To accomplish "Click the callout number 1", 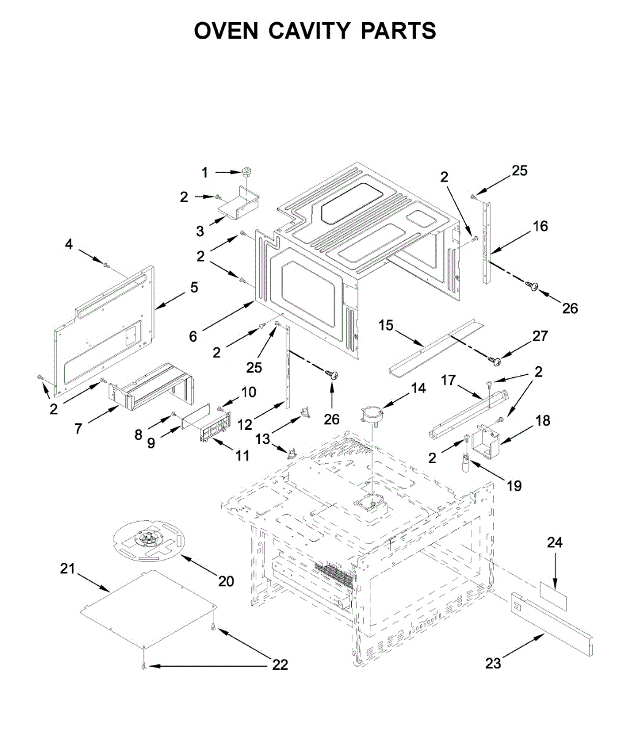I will (205, 173).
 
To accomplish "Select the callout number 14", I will (418, 388).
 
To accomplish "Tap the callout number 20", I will (226, 581).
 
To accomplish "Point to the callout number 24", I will (555, 543).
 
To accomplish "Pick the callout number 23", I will (493, 663).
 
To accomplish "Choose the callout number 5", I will (194, 286).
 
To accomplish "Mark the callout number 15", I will (386, 325).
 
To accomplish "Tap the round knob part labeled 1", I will (248, 172).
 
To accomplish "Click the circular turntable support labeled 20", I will (147, 540).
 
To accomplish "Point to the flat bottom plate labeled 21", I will (147, 607).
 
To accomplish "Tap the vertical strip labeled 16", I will (488, 239).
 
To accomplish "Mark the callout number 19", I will (514, 486).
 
